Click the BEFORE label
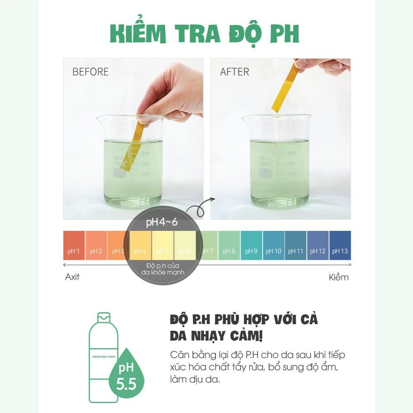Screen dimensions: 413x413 point(90,72)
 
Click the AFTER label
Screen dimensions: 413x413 point(235,72)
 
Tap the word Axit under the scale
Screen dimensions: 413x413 point(72,277)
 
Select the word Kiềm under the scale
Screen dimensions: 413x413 point(339,277)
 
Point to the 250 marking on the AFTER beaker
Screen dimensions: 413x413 point(291,153)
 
